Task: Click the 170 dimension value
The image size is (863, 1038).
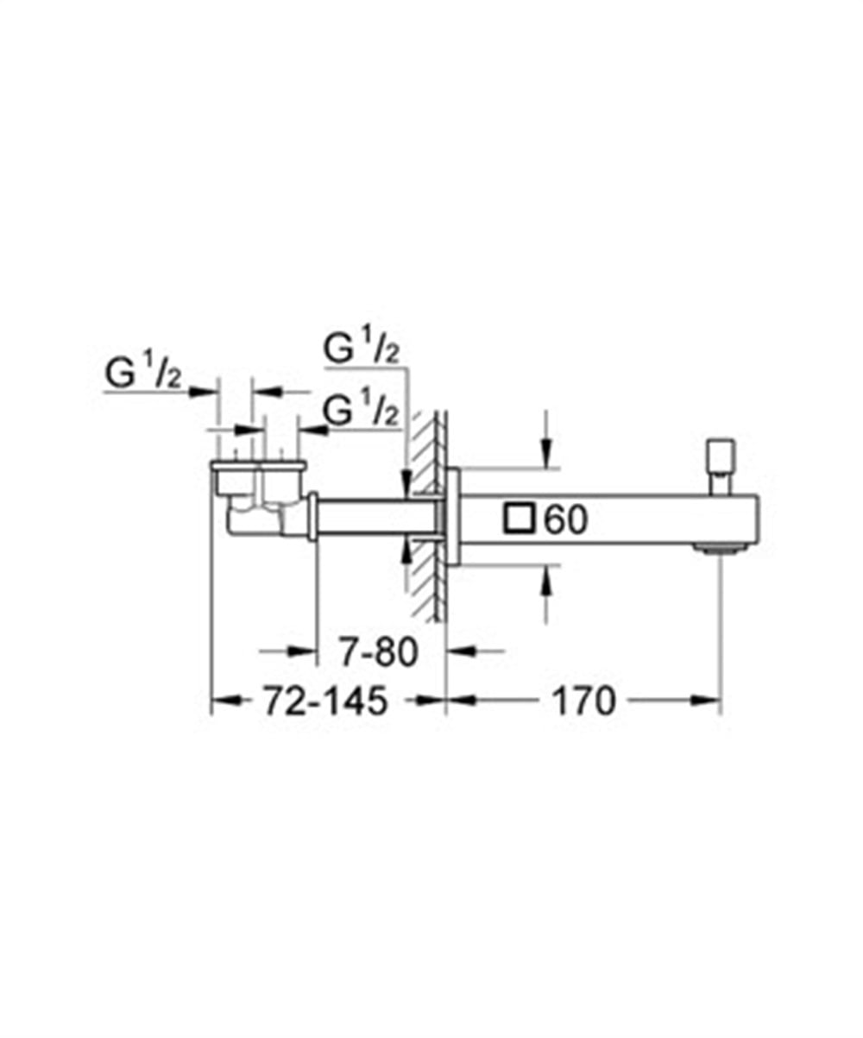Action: click(x=584, y=701)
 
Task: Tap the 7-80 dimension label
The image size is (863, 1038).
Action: click(x=377, y=652)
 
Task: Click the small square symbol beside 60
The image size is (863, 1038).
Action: click(x=520, y=519)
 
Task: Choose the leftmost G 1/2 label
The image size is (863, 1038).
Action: click(x=143, y=375)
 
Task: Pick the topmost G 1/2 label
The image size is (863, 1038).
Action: click(x=362, y=349)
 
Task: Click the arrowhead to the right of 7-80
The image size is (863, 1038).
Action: click(x=457, y=651)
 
